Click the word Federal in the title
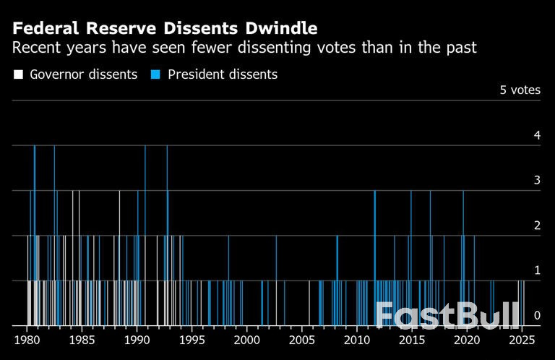(44, 29)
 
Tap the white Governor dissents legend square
(18, 74)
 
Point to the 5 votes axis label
(520, 90)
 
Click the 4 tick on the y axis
(536, 135)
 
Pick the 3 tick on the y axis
(536, 180)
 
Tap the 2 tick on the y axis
(536, 226)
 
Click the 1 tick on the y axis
(536, 270)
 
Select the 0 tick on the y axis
(536, 315)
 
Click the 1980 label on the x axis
(27, 340)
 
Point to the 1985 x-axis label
(82, 340)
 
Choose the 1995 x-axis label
(192, 340)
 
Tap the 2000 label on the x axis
(246, 340)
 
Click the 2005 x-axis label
(301, 340)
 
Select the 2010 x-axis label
(356, 340)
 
